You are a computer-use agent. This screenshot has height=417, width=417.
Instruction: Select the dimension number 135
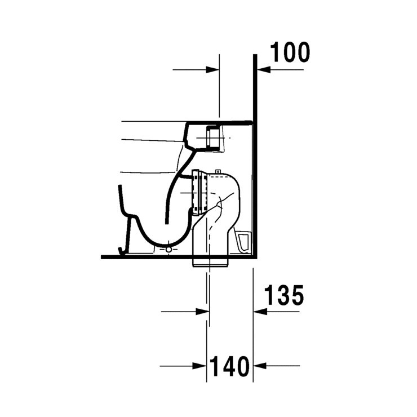(284, 295)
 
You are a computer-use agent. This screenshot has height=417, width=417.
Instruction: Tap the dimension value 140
(230, 367)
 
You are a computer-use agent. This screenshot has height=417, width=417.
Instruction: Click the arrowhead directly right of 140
(260, 366)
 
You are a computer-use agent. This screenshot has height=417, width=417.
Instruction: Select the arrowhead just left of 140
(200, 366)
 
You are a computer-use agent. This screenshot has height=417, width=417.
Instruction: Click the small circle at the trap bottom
(168, 247)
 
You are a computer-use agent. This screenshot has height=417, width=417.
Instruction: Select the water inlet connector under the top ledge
(213, 138)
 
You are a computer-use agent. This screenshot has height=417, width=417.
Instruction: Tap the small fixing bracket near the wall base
(243, 241)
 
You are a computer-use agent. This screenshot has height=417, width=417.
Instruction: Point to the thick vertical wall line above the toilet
(255, 90)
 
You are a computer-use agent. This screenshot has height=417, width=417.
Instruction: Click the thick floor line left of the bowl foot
(110, 256)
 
